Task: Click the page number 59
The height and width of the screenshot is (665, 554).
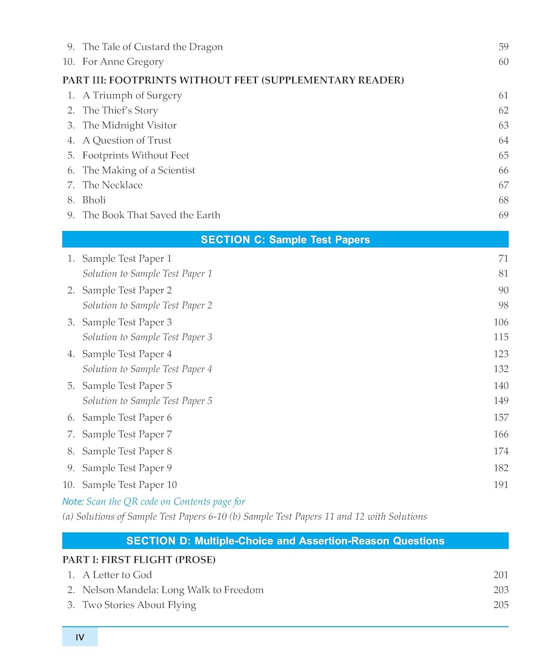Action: tap(503, 47)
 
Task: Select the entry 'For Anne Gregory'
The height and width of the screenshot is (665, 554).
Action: tap(123, 62)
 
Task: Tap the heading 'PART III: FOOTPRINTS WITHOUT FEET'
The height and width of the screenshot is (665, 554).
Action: tap(233, 80)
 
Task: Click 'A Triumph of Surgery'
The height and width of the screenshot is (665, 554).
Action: tap(132, 96)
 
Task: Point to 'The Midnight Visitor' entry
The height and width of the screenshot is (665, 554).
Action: tap(129, 125)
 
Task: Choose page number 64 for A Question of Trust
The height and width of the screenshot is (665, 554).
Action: tap(503, 141)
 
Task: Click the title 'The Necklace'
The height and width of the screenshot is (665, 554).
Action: tap(113, 185)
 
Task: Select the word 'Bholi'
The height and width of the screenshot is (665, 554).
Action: tap(94, 200)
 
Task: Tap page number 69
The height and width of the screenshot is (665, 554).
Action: tap(503, 215)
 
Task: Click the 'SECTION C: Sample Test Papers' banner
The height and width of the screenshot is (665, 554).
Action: tap(285, 239)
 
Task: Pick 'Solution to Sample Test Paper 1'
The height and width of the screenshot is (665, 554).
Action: tap(147, 274)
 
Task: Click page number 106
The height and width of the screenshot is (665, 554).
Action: tap(501, 322)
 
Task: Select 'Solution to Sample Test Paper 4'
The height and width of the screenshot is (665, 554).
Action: tap(147, 369)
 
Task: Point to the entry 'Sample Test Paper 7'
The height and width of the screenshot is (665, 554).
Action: tap(127, 434)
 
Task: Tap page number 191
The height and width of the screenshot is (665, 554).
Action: tap(501, 485)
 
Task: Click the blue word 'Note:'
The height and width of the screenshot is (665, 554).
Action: tap(73, 502)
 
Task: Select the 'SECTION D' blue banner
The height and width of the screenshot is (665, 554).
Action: tap(285, 541)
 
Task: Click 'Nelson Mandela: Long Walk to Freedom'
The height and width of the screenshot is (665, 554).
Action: tap(173, 590)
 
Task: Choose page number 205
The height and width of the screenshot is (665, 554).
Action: tap(501, 605)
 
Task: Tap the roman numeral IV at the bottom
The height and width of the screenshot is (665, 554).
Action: tap(80, 638)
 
